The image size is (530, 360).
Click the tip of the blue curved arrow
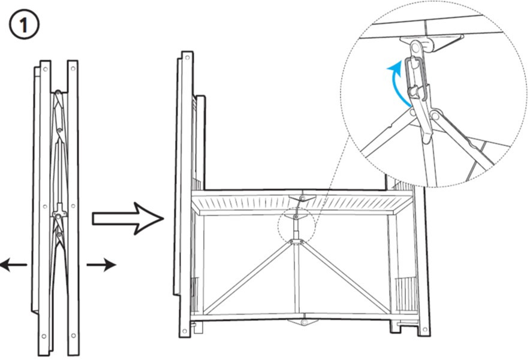tap(388, 69)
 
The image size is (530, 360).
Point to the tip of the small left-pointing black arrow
tap(1, 264)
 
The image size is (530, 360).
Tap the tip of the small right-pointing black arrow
tap(116, 265)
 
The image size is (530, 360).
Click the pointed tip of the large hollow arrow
tap(164, 219)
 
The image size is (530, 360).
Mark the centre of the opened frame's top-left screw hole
tap(186, 58)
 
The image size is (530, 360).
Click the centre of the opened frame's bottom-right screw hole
tap(424, 329)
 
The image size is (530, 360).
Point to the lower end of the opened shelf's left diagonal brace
tap(205, 313)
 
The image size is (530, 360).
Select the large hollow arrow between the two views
tap(128, 219)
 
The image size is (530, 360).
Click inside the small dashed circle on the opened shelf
tap(296, 225)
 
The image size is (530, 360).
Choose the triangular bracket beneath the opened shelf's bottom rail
tap(303, 322)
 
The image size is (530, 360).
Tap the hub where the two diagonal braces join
tap(296, 241)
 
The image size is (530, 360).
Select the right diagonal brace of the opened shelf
tap(344, 277)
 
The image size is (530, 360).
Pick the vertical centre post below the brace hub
tap(296, 279)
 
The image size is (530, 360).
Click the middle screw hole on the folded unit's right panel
tap(73, 205)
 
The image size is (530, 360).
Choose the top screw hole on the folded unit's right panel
tap(73, 68)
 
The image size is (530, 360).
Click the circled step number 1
tap(24, 25)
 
